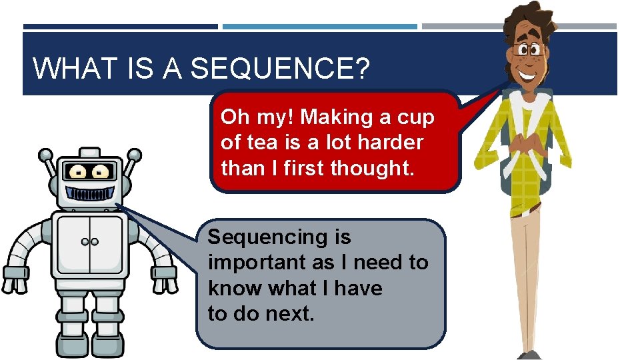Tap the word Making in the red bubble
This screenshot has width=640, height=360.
(x=337, y=117)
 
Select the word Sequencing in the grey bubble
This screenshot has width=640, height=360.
(x=279, y=237)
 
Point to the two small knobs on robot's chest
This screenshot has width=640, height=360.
(x=89, y=241)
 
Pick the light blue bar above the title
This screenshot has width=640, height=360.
(x=319, y=27)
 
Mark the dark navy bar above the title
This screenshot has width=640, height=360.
(x=120, y=27)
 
